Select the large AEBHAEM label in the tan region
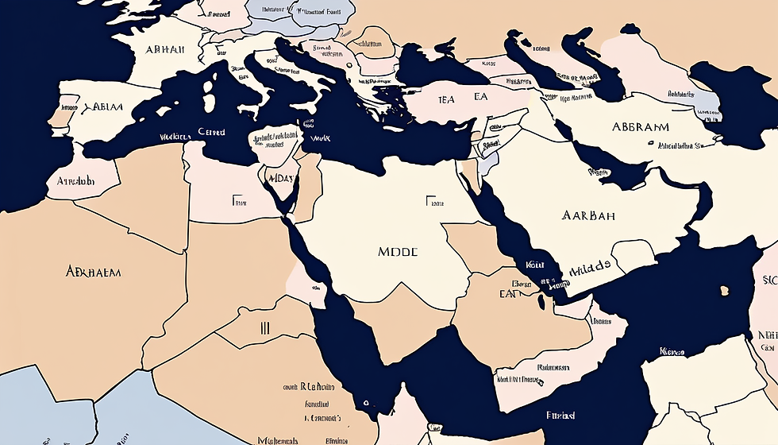(x=94, y=272)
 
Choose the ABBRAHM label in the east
(x=640, y=126)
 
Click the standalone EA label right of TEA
(x=480, y=97)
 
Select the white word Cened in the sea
(x=211, y=132)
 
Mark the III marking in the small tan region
(x=265, y=327)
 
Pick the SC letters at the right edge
(x=769, y=280)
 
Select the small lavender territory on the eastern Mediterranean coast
(x=491, y=158)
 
